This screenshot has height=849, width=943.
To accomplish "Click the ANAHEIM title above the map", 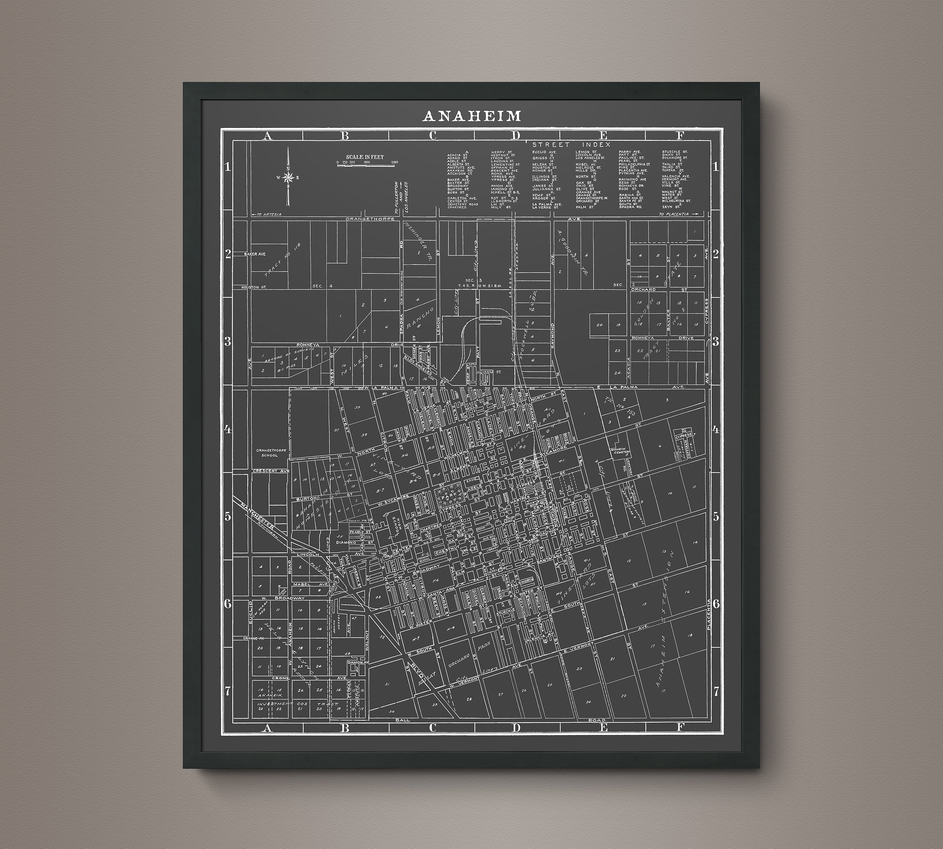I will point(471,116).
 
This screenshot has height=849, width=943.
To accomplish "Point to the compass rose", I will point(289,177).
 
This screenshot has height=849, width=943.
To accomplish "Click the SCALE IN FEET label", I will point(365,157).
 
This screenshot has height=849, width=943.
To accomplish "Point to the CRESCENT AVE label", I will point(271,471).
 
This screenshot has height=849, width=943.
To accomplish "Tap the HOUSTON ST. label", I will point(254,288).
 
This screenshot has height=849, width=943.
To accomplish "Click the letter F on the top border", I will point(680,135).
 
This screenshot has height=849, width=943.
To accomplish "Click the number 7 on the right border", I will point(716,691).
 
